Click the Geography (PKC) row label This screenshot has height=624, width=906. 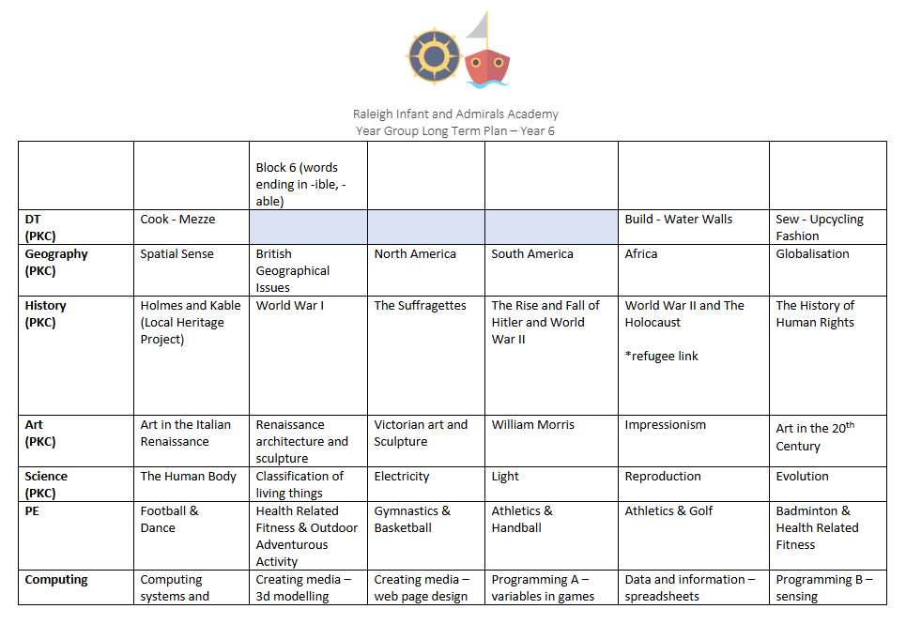(x=56, y=262)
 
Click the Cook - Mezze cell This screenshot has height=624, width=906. (x=178, y=219)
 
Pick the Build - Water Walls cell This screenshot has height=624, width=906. (x=679, y=219)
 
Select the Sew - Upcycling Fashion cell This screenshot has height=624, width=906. (x=819, y=227)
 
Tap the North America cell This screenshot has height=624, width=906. (x=415, y=253)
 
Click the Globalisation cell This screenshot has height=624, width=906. (x=812, y=253)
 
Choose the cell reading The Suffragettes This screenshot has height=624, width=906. (x=420, y=305)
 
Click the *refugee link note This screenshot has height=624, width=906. (x=662, y=356)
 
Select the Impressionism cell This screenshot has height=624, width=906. (x=665, y=424)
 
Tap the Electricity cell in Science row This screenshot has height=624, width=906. (x=402, y=476)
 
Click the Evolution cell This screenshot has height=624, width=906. (x=802, y=476)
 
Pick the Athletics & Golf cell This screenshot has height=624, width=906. (x=668, y=510)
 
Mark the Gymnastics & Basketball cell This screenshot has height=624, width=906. (x=412, y=519)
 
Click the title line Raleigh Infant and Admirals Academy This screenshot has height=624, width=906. (x=455, y=114)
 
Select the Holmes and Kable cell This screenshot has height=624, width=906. (x=191, y=322)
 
